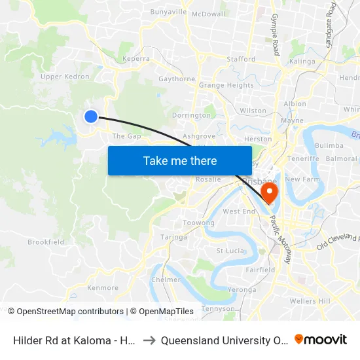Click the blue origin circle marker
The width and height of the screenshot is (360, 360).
(x=91, y=117)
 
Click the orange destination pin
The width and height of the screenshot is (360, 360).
(x=269, y=191)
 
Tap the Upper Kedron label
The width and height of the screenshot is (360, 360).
(x=65, y=77)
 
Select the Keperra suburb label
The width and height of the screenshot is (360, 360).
(x=136, y=58)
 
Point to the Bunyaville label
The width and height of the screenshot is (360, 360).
(x=168, y=12)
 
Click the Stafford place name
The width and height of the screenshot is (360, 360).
(x=241, y=59)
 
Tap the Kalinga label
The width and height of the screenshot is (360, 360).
(x=302, y=61)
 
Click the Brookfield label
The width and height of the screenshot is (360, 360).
(x=46, y=242)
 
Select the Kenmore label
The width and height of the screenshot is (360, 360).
(x=103, y=288)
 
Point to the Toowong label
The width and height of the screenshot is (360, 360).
(x=198, y=223)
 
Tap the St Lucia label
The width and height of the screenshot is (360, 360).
(x=230, y=251)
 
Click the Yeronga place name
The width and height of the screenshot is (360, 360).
(x=242, y=289)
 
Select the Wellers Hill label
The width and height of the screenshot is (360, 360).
(x=310, y=300)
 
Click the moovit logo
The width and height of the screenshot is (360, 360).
(x=320, y=340)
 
